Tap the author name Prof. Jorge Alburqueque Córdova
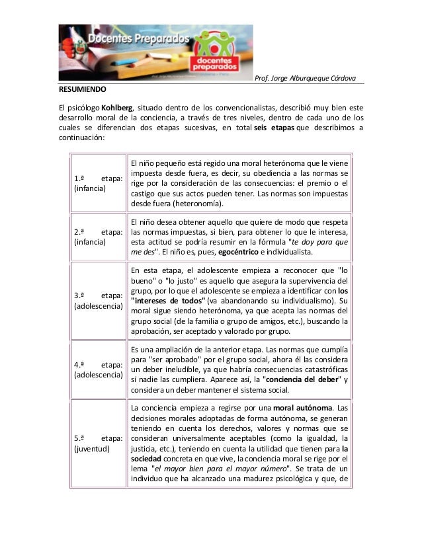(305, 79)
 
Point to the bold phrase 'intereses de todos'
(163, 301)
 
